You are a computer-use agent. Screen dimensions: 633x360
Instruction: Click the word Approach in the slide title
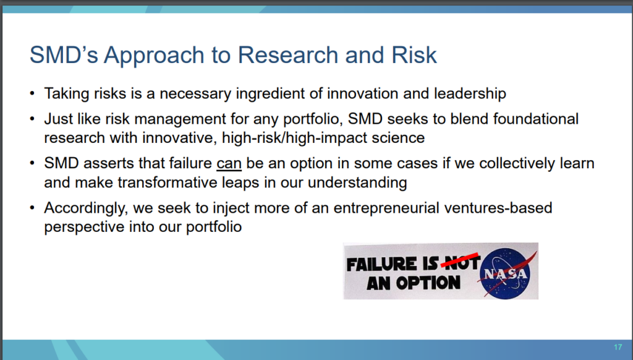(x=154, y=56)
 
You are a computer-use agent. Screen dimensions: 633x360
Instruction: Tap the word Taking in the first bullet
(x=67, y=94)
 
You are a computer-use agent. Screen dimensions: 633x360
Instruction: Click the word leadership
(x=470, y=94)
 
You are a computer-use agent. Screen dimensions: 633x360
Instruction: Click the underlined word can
(x=229, y=164)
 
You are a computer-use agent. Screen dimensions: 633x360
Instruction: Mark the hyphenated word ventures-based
(x=498, y=208)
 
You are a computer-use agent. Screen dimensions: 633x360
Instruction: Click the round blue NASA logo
(x=506, y=273)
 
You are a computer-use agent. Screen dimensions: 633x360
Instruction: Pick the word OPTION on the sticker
(x=428, y=283)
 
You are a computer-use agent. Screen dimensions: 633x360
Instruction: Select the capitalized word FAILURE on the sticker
(x=381, y=264)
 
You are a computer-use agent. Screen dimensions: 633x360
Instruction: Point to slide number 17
(x=618, y=347)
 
